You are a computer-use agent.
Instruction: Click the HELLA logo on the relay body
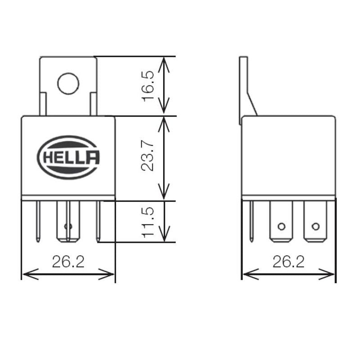pyautogui.click(x=68, y=157)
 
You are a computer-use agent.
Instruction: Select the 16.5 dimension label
pyautogui.click(x=148, y=86)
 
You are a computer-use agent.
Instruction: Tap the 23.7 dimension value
pyautogui.click(x=147, y=156)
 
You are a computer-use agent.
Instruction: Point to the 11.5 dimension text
pyautogui.click(x=148, y=222)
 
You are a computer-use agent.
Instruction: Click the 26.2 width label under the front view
pyautogui.click(x=68, y=262)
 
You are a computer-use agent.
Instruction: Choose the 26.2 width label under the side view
pyautogui.click(x=288, y=262)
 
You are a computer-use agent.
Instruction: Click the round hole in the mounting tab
pyautogui.click(x=68, y=84)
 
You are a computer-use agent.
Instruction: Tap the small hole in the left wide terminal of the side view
pyautogui.click(x=282, y=227)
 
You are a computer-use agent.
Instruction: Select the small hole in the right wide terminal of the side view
pyautogui.click(x=316, y=227)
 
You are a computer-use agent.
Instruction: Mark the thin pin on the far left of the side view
pyautogui.click(x=252, y=221)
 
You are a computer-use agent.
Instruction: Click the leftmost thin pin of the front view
pyautogui.click(x=38, y=221)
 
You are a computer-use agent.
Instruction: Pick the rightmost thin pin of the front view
pyautogui.click(x=98, y=221)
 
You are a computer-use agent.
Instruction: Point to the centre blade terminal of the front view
pyautogui.click(x=68, y=221)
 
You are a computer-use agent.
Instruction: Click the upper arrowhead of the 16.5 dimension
pyautogui.click(x=164, y=64)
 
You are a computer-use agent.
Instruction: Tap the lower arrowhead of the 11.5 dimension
pyautogui.click(x=164, y=234)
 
